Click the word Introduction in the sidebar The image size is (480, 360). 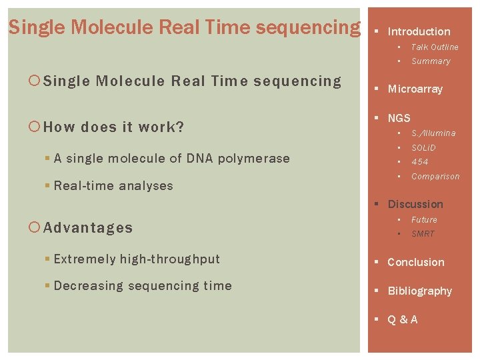419,31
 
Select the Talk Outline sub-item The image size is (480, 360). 435,47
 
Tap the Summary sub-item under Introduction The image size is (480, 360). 431,61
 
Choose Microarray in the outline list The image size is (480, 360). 415,89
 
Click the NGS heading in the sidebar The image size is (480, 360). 399,118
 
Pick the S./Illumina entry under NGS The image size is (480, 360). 433,133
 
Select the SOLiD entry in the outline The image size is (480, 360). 423,148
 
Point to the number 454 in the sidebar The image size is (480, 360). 420,162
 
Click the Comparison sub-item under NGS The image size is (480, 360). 435,177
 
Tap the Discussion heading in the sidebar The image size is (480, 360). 415,204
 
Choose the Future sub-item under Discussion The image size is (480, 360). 424,220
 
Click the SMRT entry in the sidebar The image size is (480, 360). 423,234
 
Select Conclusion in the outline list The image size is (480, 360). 415,263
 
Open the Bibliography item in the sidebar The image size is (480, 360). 419,291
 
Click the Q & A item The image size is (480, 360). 403,320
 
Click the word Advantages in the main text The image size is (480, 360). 88,228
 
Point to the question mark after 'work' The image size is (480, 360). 179,127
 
